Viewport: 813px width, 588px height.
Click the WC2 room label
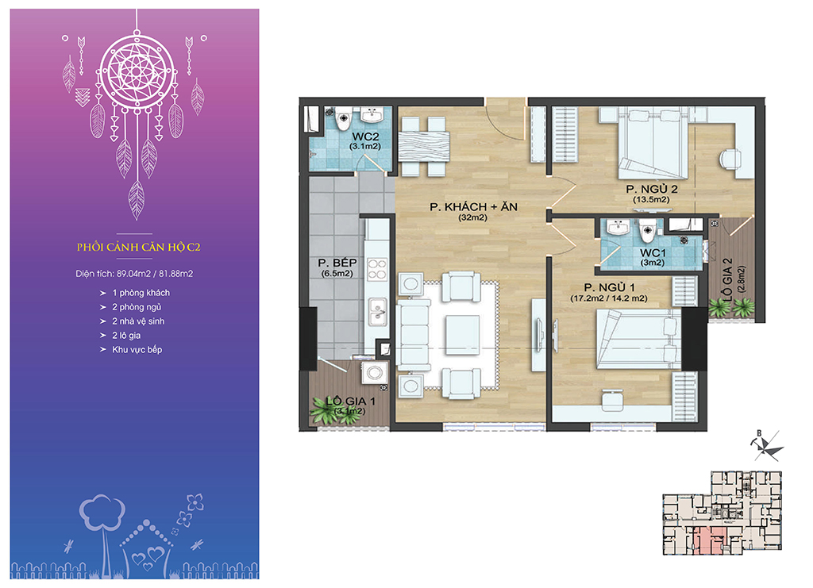[365, 136]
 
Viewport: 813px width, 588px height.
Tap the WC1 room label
[653, 253]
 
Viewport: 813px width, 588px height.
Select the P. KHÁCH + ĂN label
[473, 206]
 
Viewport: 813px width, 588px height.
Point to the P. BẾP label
[337, 263]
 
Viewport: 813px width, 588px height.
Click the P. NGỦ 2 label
[652, 189]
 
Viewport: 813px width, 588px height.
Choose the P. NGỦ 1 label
[609, 287]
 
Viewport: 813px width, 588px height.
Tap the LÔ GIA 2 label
[728, 279]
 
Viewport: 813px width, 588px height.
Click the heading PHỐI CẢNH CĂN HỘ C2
[138, 247]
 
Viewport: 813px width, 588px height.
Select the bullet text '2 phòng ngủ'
[137, 307]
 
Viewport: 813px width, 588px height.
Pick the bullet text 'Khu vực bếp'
[137, 350]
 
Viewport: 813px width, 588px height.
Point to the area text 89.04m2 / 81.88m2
[155, 274]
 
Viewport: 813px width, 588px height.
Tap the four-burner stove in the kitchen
[377, 269]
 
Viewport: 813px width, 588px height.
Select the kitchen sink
[377, 311]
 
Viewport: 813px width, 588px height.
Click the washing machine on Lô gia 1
[375, 371]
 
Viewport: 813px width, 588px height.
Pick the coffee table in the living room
[463, 335]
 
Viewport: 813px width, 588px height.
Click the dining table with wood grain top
[424, 147]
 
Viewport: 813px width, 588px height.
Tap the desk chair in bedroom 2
[730, 158]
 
